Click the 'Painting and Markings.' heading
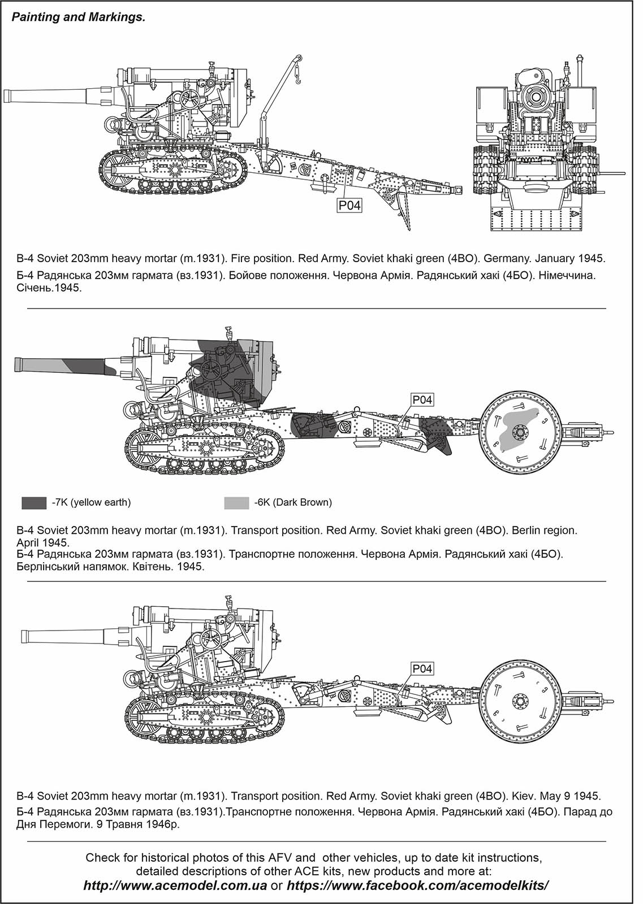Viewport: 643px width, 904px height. (x=78, y=18)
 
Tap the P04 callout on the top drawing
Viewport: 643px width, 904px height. (x=349, y=206)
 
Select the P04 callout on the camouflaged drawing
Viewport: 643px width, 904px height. (x=422, y=400)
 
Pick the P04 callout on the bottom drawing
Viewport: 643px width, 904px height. (x=422, y=668)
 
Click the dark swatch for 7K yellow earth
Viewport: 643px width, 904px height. (x=34, y=503)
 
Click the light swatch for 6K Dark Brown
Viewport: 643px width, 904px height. (x=236, y=503)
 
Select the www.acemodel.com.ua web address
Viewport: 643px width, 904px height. (x=176, y=885)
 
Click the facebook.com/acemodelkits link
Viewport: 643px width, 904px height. (x=418, y=885)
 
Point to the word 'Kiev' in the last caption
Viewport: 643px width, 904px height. (x=521, y=796)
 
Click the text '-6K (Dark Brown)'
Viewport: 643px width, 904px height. (x=293, y=503)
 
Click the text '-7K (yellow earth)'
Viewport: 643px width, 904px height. (x=90, y=503)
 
